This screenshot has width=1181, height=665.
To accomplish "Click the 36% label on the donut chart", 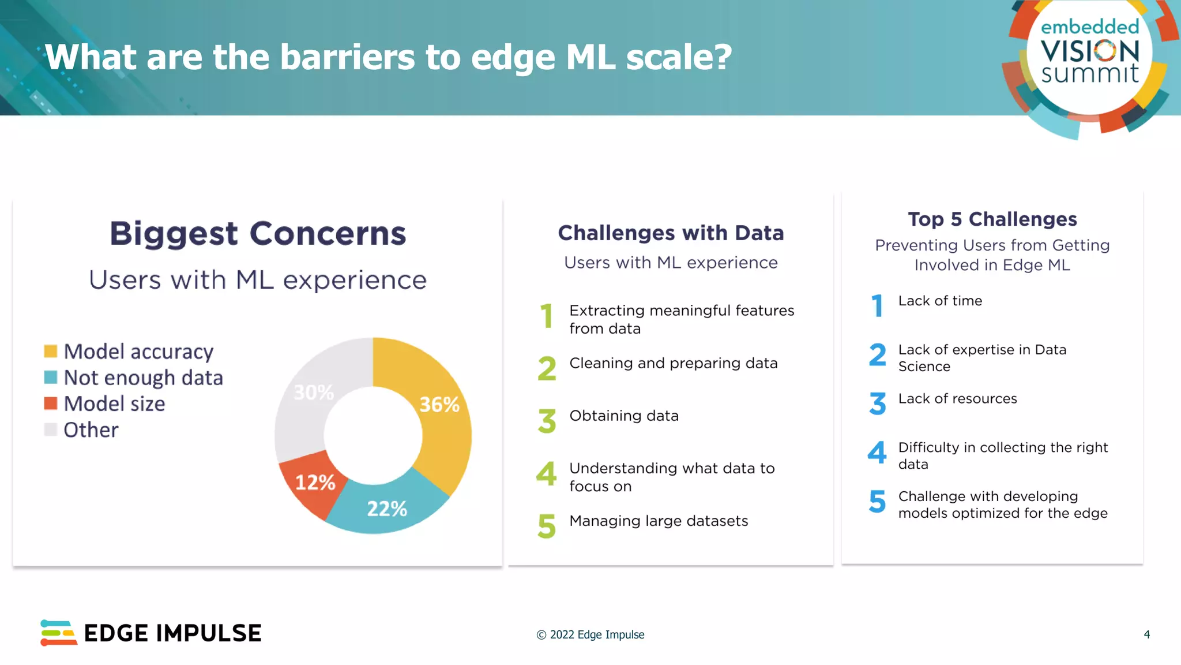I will point(439,405).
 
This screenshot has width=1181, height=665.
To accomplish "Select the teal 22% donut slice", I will point(387,509).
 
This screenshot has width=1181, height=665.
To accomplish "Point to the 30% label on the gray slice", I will point(313,393).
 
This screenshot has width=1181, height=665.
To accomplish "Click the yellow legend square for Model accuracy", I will point(51,351).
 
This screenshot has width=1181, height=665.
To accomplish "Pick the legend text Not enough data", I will point(143,378).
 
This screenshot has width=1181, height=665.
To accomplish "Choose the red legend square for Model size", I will point(51,403).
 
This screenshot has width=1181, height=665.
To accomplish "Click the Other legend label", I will point(91,429).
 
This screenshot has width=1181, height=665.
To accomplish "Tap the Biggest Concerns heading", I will point(258,233).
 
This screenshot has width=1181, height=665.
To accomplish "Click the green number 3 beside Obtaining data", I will point(547,421).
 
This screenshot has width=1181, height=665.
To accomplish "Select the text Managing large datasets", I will point(658,521).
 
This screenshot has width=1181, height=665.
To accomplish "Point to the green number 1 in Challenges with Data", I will point(546,316).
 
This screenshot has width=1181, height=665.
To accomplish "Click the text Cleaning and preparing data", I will point(673,363).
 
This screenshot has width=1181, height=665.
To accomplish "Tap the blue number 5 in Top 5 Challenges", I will point(877,501).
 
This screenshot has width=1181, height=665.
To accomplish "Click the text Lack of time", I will point(939,301).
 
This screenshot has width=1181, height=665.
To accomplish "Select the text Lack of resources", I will point(957,399).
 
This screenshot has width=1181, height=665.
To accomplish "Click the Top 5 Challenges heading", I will point(992,219).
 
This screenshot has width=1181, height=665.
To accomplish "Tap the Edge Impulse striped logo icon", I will point(58,633).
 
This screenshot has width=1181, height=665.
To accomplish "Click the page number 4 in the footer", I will point(1146,634).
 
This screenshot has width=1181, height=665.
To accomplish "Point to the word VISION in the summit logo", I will point(1089,51).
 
